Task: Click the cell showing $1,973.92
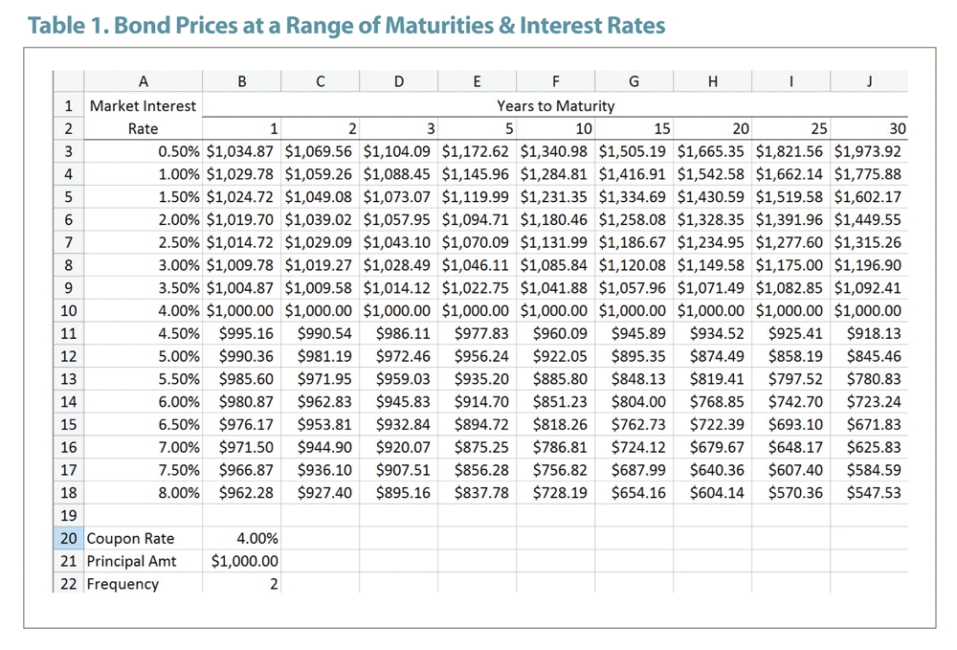point(867,151)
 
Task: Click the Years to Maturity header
point(555,106)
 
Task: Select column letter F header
point(556,82)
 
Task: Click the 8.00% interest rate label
point(179,493)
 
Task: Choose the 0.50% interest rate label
point(179,151)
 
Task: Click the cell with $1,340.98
point(554,151)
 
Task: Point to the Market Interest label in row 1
point(143,106)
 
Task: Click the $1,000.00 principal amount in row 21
point(245,561)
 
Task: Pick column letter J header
point(868,82)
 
